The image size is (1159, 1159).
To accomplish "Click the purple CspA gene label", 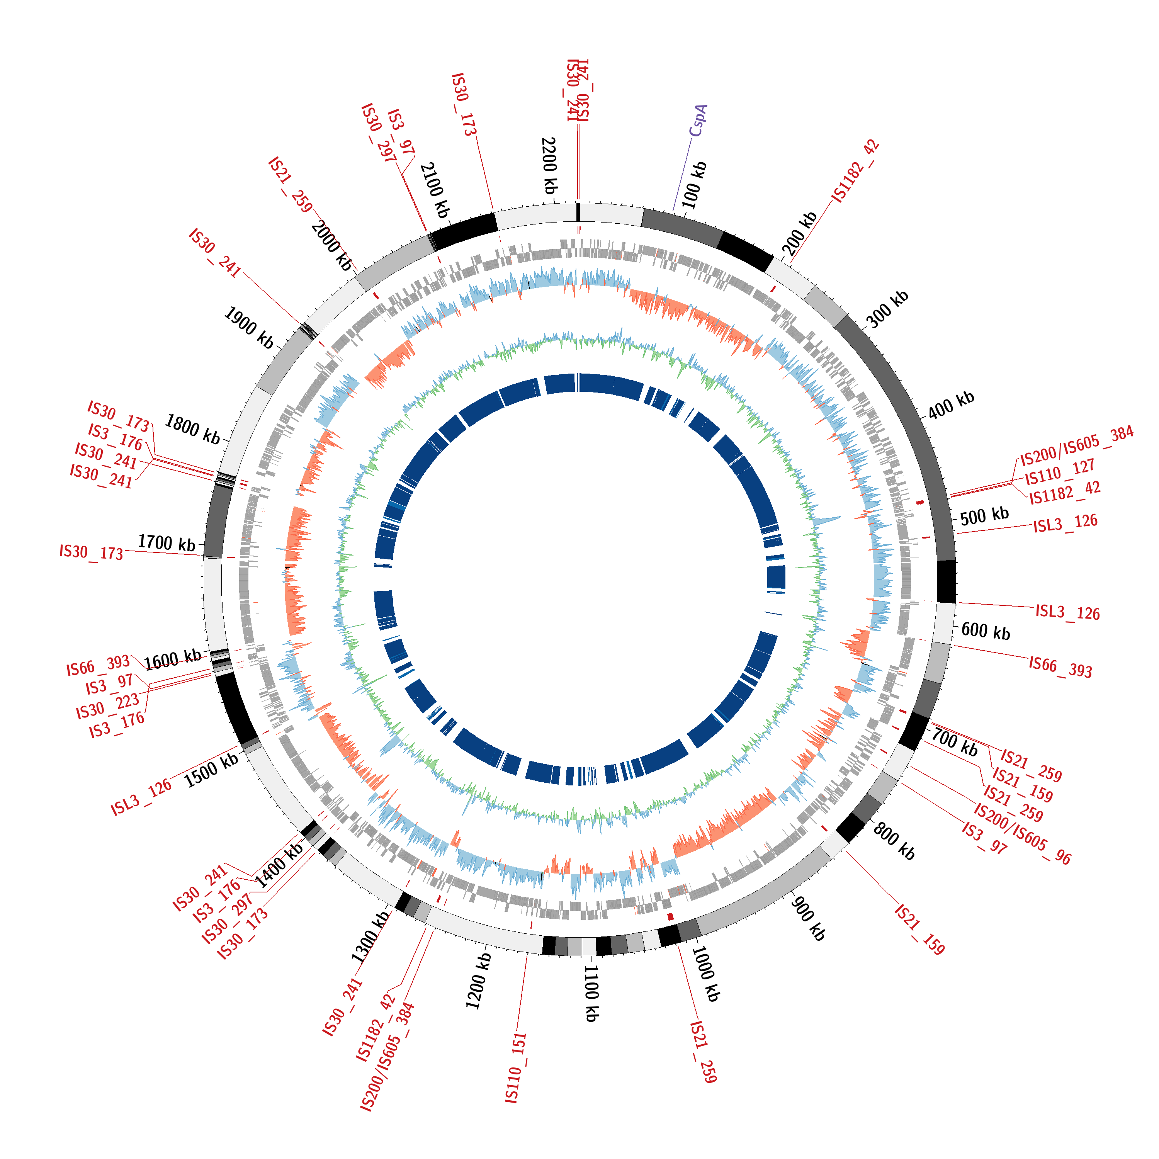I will click(x=698, y=121).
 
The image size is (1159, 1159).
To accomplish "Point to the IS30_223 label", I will click(x=107, y=705).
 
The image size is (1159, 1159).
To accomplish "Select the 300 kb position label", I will click(x=888, y=309).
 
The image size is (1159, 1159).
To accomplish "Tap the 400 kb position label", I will click(x=951, y=405).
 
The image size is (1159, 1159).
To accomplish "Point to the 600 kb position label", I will click(x=986, y=631).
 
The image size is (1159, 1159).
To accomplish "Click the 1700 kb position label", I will click(x=167, y=543).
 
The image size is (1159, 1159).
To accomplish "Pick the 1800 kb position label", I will click(x=192, y=428).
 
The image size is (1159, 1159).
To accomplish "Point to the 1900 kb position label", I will click(x=248, y=328).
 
